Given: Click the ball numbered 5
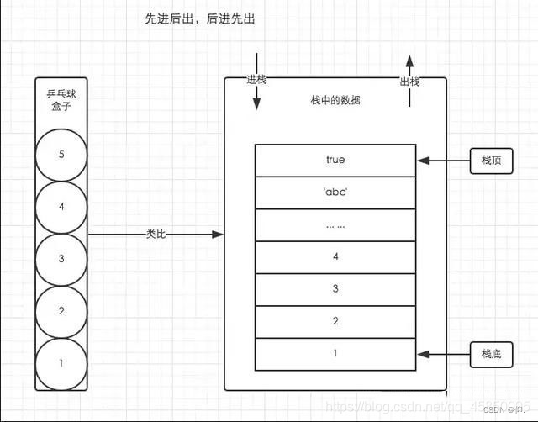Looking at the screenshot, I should pyautogui.click(x=61, y=155).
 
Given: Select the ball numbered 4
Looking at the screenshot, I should pyautogui.click(x=61, y=207).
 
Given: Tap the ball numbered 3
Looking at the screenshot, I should pyautogui.click(x=61, y=259).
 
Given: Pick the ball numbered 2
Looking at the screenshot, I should pyautogui.click(x=61, y=311).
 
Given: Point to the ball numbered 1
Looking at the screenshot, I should pyautogui.click(x=61, y=363).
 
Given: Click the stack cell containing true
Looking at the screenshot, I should pyautogui.click(x=335, y=160).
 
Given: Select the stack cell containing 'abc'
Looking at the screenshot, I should pyautogui.click(x=335, y=192).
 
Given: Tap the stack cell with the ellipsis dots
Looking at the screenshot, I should pyautogui.click(x=335, y=224).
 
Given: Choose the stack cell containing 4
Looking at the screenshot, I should pyautogui.click(x=335, y=256).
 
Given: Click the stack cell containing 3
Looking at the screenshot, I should pyautogui.click(x=335, y=289).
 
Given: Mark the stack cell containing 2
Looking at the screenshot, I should pyautogui.click(x=335, y=321).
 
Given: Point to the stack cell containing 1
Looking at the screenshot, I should pyautogui.click(x=335, y=354).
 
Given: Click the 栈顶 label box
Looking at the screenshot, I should pyautogui.click(x=491, y=160).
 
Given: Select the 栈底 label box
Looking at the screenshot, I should pyautogui.click(x=491, y=355).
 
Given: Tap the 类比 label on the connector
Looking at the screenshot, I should pyautogui.click(x=156, y=234).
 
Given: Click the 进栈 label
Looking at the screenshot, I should pyautogui.click(x=256, y=80).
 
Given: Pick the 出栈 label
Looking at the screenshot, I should pyautogui.click(x=409, y=81).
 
